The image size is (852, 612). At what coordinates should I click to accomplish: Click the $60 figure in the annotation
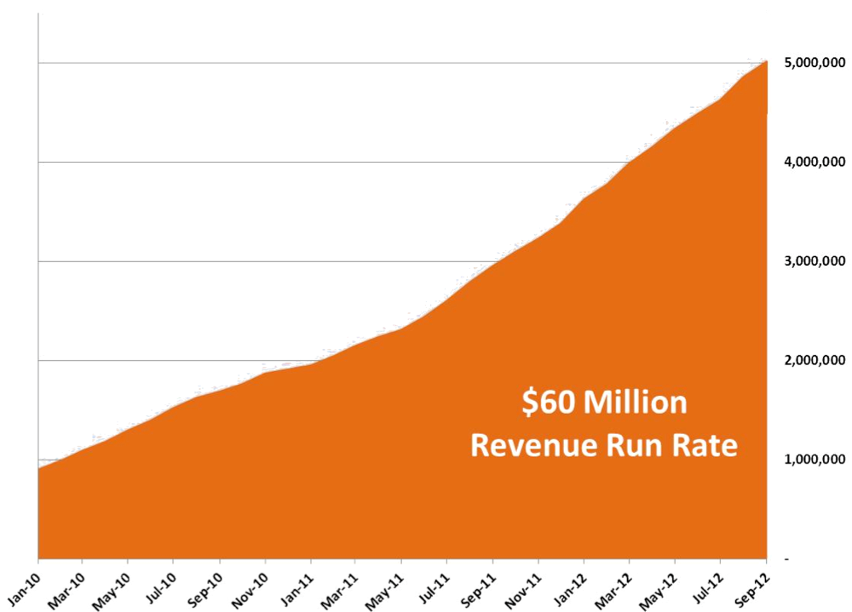tap(550, 402)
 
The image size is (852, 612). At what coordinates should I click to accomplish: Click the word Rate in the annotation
tap(705, 445)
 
